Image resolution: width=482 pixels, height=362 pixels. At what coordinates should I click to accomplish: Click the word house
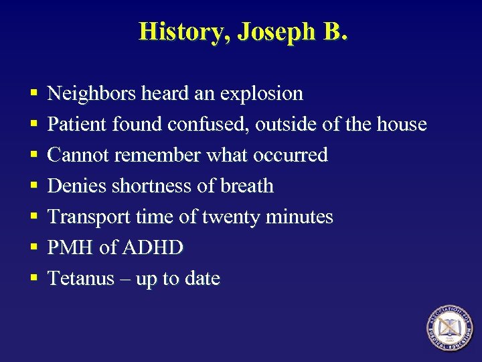402,124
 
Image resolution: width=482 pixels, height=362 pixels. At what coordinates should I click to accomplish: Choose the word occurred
293,155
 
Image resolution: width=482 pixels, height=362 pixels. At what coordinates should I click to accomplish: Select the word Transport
86,217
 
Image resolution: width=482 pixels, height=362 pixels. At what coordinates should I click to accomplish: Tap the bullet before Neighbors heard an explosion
33,94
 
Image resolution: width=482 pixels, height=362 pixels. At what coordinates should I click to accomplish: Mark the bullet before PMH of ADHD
33,248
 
